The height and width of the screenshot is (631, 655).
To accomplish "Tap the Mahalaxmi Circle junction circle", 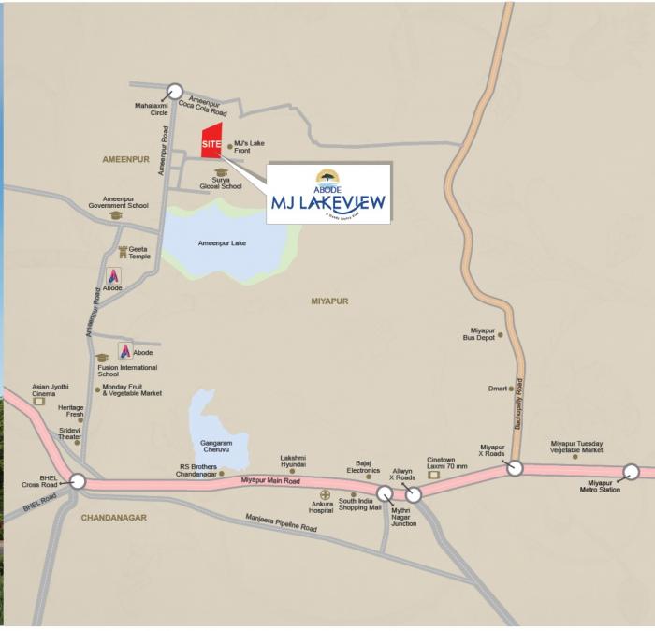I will point(174,92).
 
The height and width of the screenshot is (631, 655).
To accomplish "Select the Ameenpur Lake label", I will point(222,243).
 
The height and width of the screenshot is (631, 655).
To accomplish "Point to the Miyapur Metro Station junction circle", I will point(632,473).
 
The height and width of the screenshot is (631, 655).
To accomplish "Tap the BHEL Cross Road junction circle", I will point(78,482).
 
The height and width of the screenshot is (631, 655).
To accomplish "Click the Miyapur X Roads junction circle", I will point(515,467).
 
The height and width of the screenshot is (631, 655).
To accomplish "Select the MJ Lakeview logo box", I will point(327,194).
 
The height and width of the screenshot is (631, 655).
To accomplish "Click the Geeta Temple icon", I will point(123,252).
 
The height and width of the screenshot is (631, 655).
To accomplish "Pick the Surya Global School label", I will point(221,183).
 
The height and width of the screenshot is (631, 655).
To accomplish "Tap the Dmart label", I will point(497,389).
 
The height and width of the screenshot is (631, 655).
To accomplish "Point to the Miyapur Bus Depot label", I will point(482,334).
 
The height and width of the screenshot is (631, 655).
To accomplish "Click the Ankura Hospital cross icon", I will point(326,494).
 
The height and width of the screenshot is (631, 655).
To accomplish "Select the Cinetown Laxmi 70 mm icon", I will point(433,475).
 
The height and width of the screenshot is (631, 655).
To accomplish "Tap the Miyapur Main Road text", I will point(271,480).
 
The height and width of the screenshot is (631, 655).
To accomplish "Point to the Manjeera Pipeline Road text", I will point(281,523).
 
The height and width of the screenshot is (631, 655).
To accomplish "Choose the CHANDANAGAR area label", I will point(113,517).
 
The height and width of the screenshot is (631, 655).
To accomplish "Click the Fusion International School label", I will point(127,371).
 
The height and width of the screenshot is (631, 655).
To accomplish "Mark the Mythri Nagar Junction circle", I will point(385,493).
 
